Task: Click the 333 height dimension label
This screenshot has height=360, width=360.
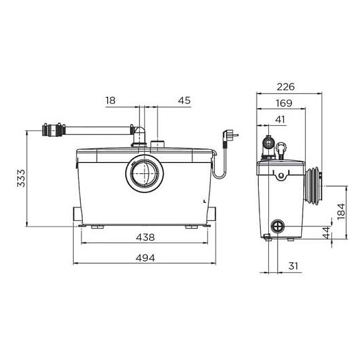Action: coord(21,178)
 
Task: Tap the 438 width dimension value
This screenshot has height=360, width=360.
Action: coord(145,237)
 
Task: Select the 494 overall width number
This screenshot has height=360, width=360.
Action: coord(145,258)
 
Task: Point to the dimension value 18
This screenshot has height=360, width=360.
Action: coord(110,101)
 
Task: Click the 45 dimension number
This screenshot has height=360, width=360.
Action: coord(184,101)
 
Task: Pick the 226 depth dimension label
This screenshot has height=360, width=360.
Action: coord(285,87)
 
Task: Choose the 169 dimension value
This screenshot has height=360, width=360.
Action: coord(284,103)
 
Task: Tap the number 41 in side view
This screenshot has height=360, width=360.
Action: coord(280,119)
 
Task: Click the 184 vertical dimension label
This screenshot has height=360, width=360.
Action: coord(342,211)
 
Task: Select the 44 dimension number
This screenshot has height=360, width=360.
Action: coord(326,232)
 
